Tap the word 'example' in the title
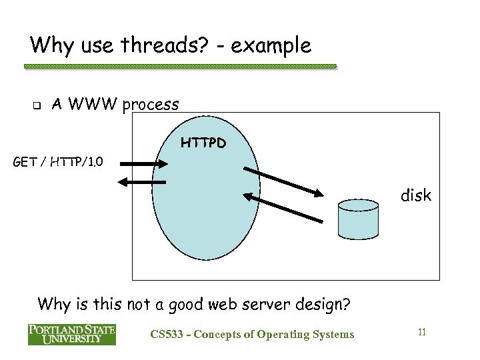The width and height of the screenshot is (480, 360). (273, 45)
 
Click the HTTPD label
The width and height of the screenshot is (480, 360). (203, 143)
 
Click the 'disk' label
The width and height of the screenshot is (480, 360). (415, 195)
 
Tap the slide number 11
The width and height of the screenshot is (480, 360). (421, 331)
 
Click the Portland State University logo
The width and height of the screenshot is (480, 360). (71, 334)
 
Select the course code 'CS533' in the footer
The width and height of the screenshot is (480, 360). (169, 334)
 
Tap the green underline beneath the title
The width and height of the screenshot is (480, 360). (180, 67)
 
